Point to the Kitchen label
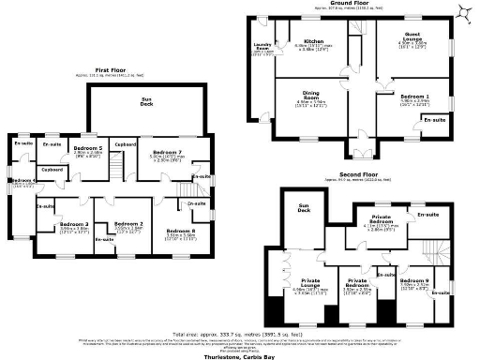312,41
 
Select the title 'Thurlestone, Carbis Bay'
239,356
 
